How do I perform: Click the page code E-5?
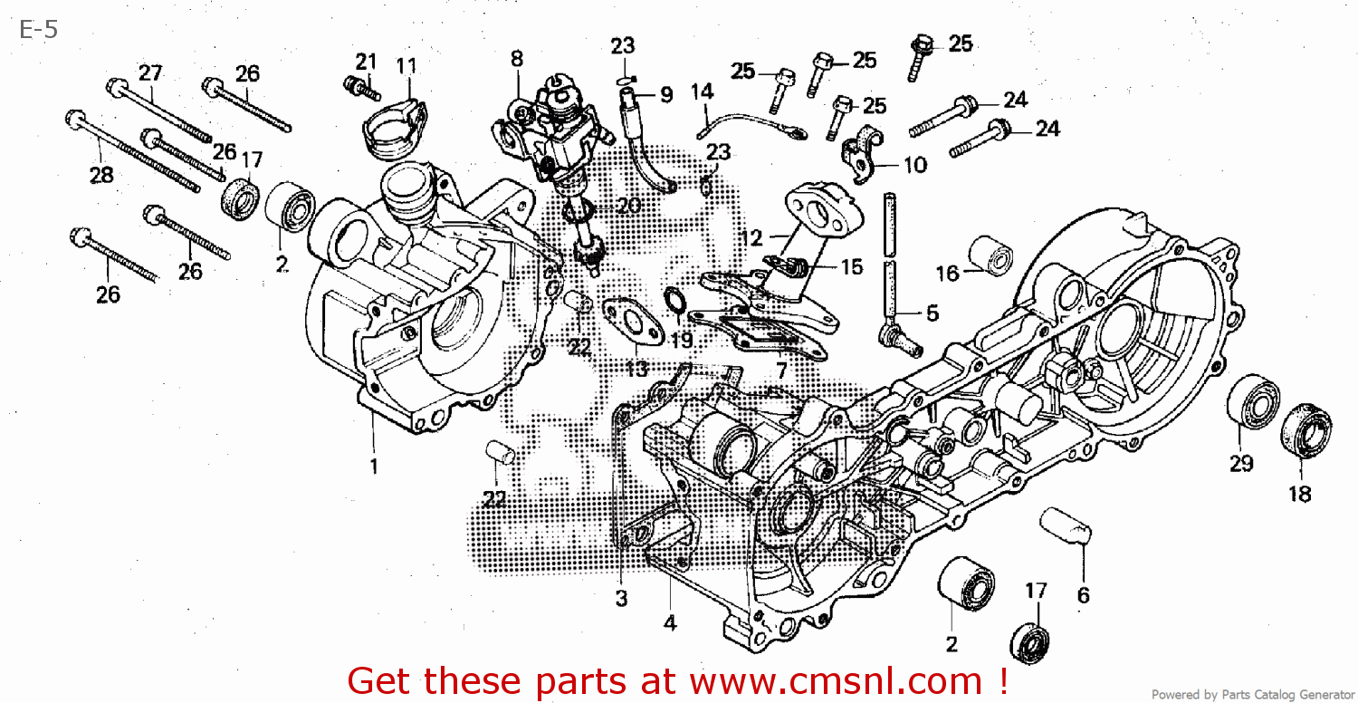pyautogui.click(x=39, y=30)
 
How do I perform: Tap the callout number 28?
pyautogui.click(x=100, y=176)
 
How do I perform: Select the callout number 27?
pyautogui.click(x=149, y=72)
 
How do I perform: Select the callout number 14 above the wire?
pyautogui.click(x=702, y=92)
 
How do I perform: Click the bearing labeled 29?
pyautogui.click(x=1252, y=400)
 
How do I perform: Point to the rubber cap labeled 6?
pyautogui.click(x=1066, y=525)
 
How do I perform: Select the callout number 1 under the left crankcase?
pyautogui.click(x=373, y=467)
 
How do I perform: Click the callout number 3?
pyautogui.click(x=621, y=598)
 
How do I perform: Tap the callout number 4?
pyautogui.click(x=670, y=622)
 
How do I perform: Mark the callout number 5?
pyautogui.click(x=932, y=313)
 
